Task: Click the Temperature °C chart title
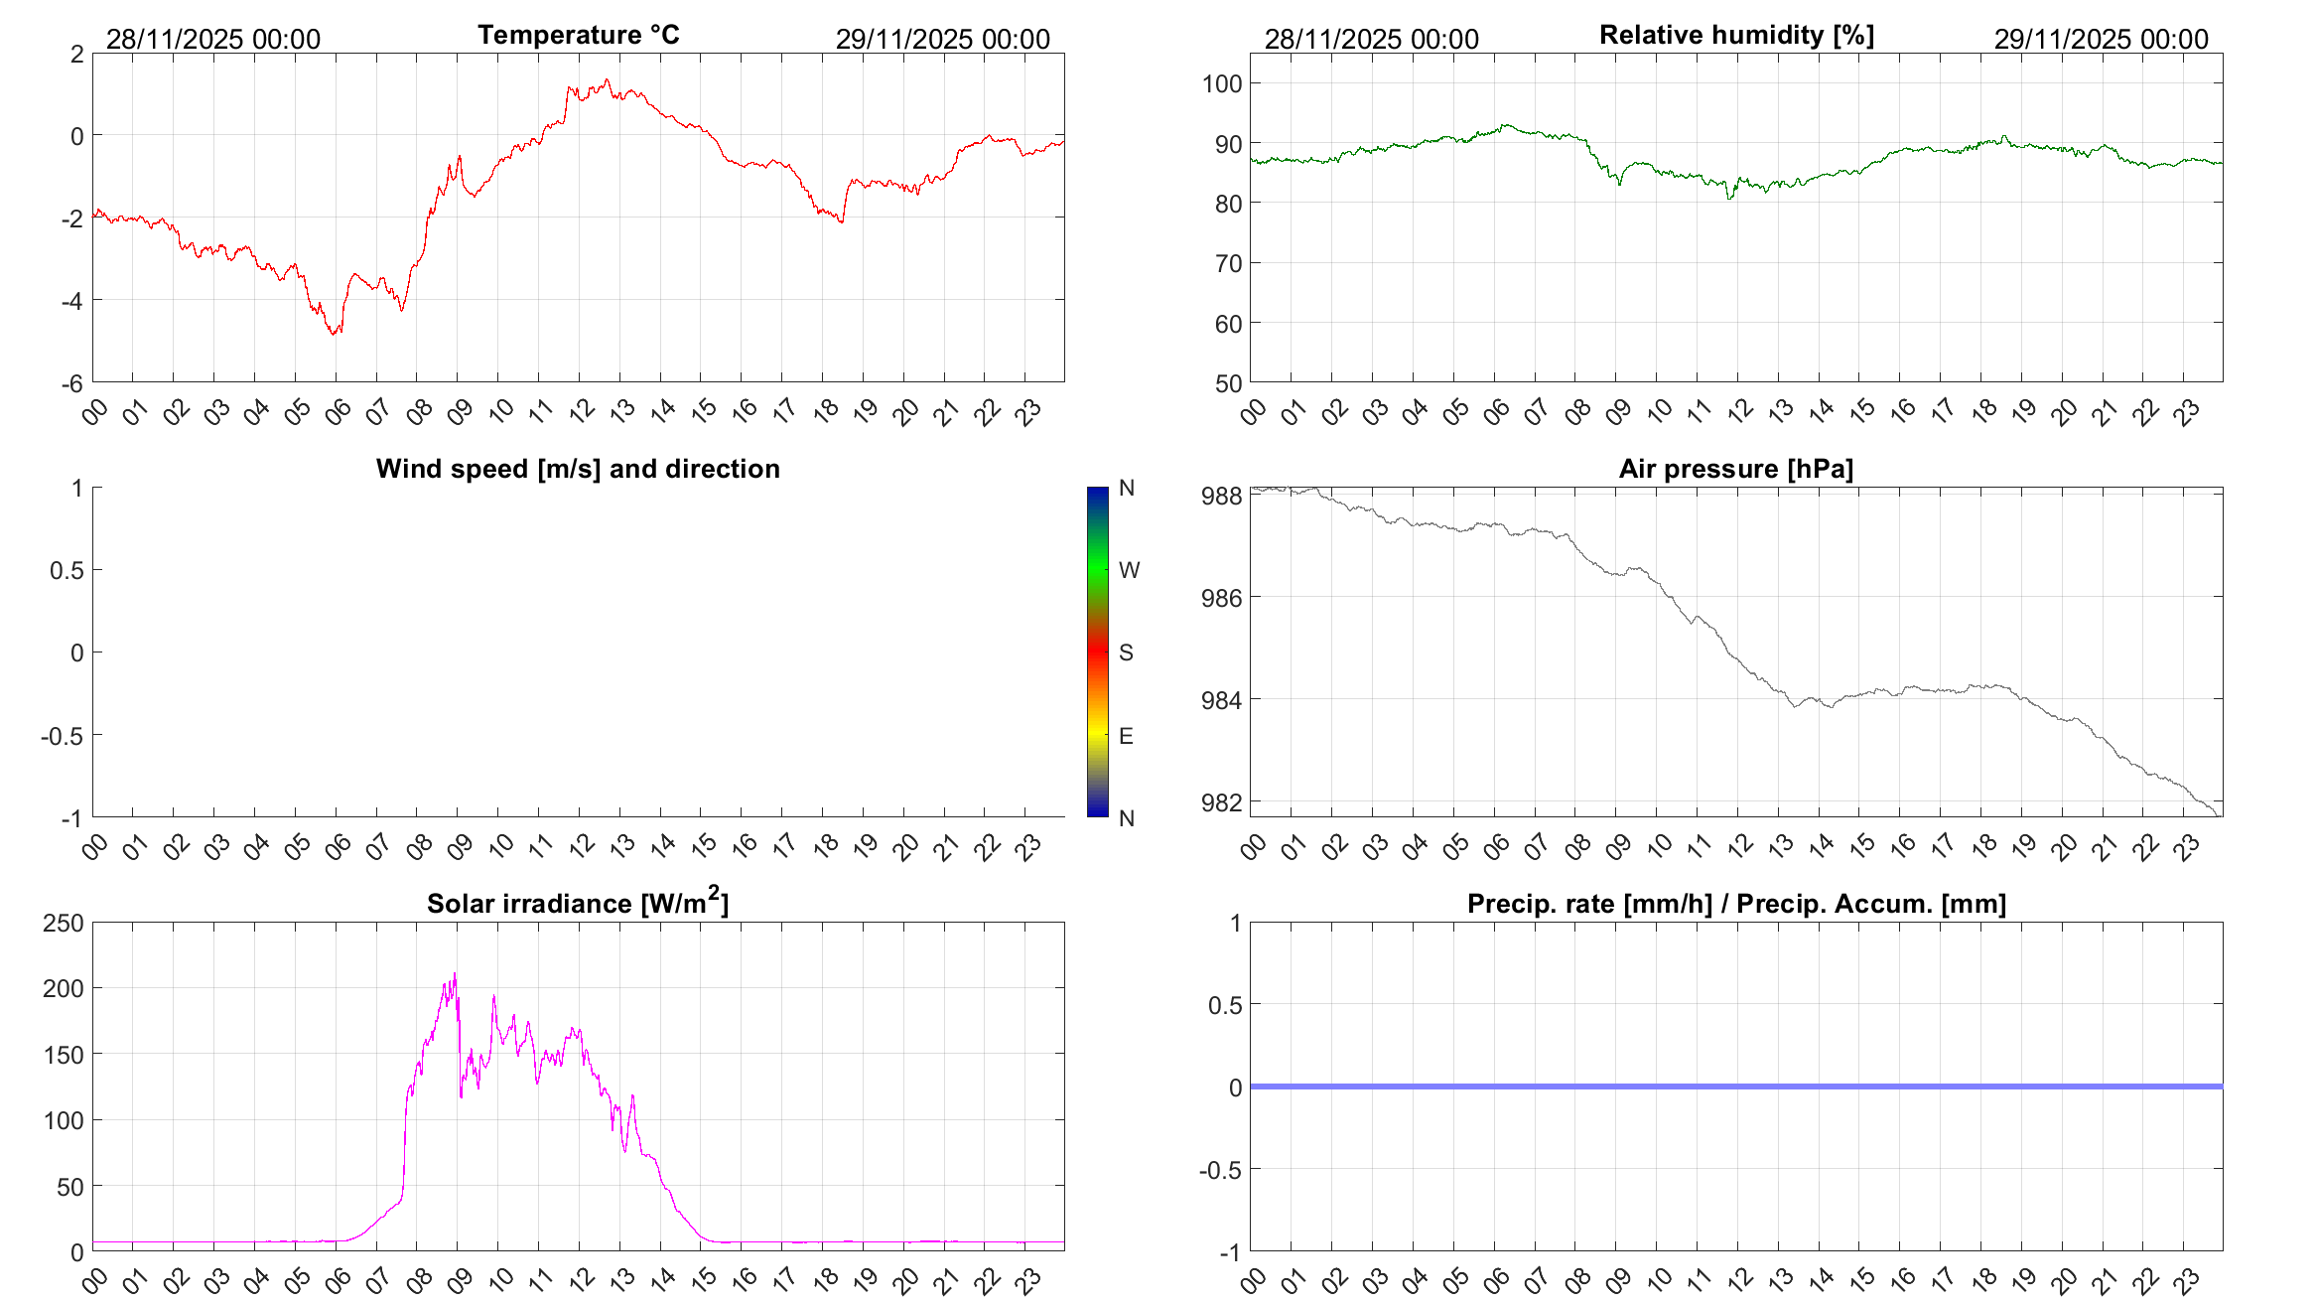point(578,35)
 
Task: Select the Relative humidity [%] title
point(1736,35)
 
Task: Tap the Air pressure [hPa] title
point(1735,469)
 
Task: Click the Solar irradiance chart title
point(578,903)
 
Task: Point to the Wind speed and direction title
point(578,469)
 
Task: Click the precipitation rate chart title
point(1736,904)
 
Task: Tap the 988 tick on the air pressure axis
point(1221,496)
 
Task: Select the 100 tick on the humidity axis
point(1222,83)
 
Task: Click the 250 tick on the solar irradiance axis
point(64,923)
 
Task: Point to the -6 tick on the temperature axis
point(71,383)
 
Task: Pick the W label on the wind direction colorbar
point(1129,570)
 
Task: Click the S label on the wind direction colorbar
point(1126,652)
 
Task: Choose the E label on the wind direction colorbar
point(1126,736)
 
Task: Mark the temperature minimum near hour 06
point(335,334)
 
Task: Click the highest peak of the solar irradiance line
point(455,974)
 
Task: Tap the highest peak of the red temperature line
point(607,80)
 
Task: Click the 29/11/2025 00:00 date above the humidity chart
point(2101,39)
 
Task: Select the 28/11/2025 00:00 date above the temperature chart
point(213,39)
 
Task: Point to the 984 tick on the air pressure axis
point(1221,700)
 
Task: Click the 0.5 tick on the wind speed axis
point(67,570)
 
